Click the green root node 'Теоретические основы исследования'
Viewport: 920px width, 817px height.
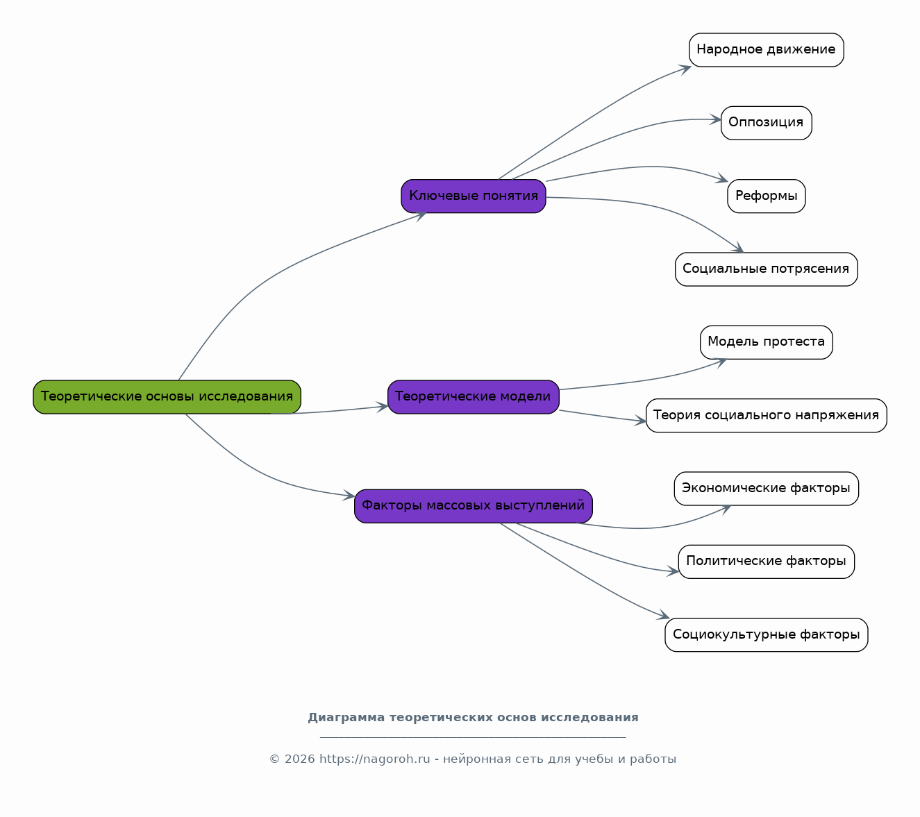[167, 396]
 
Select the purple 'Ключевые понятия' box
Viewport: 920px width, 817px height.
[473, 196]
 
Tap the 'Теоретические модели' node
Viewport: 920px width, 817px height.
[473, 396]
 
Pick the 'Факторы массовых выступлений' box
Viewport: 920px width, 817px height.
[473, 506]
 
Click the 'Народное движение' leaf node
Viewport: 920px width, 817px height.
[766, 50]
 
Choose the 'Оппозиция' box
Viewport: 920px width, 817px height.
[766, 123]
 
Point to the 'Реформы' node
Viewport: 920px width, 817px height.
[766, 196]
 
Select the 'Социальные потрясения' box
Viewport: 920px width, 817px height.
[766, 269]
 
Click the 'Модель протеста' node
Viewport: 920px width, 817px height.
[766, 342]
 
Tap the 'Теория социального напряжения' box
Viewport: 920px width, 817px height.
[766, 415]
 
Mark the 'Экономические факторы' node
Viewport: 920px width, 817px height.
[766, 489]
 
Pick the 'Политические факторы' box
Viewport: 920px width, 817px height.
[766, 562]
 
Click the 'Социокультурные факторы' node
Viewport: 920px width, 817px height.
[766, 634]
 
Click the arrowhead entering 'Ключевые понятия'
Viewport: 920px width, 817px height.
[421, 216]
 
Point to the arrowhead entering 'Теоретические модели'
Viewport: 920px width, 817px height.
[383, 406]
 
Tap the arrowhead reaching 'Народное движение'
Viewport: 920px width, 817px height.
[685, 69]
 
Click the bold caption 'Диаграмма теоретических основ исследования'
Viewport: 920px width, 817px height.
[473, 718]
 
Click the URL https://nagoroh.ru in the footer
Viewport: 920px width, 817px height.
[375, 759]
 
